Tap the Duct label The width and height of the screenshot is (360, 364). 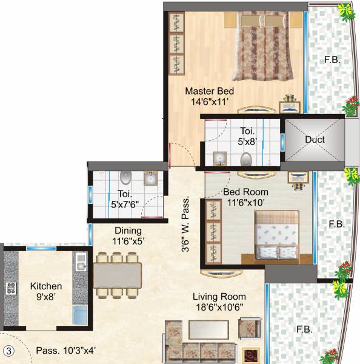315,140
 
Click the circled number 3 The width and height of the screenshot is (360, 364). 8,351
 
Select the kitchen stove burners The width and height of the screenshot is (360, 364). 10,288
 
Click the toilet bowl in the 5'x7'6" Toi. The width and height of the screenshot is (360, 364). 125,177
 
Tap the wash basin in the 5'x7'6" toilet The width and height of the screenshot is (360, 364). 150,178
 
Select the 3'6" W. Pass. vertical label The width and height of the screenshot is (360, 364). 187,223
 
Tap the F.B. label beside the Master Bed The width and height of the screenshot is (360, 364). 332,60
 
